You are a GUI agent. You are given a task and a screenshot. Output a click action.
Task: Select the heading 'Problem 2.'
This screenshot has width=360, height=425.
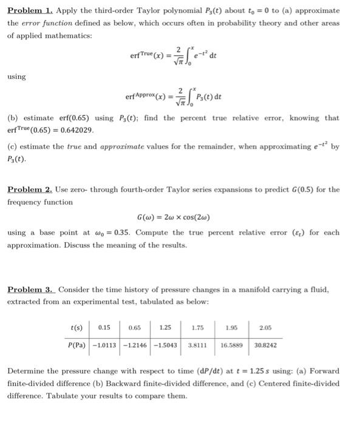click(x=28, y=189)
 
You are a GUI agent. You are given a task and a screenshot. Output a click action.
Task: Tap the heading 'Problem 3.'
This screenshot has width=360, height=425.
click(x=28, y=290)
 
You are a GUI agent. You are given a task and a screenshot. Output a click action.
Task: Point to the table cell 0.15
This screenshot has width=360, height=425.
click(x=103, y=328)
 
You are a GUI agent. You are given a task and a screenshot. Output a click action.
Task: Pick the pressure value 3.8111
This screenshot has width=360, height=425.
click(x=197, y=346)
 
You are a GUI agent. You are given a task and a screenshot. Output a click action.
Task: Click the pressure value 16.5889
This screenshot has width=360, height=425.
click(x=231, y=346)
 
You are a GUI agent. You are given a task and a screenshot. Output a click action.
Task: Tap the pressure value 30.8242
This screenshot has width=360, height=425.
click(x=265, y=346)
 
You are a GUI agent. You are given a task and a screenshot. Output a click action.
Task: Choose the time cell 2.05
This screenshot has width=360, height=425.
click(x=265, y=328)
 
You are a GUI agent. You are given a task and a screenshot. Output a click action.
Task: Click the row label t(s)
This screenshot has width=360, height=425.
click(x=76, y=328)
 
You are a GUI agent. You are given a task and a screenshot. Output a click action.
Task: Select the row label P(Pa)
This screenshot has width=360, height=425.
click(x=76, y=346)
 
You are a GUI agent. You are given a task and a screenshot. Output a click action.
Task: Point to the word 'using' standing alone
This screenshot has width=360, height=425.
click(x=16, y=76)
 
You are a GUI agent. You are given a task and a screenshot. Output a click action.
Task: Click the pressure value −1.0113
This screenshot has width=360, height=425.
click(x=104, y=346)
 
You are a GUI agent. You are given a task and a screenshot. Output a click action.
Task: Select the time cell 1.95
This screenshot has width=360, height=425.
click(x=231, y=328)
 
